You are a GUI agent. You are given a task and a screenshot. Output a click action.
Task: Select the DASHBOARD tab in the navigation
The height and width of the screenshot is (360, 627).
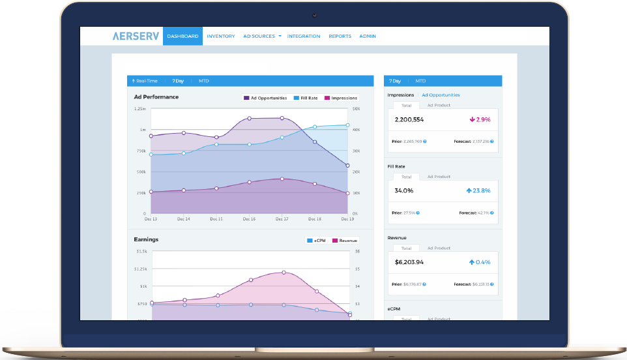pyautogui.click(x=182, y=37)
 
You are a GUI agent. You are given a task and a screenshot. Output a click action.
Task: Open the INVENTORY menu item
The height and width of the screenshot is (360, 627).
pyautogui.click(x=220, y=37)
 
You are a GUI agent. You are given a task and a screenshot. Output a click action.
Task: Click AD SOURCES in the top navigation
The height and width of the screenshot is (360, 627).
pyautogui.click(x=261, y=37)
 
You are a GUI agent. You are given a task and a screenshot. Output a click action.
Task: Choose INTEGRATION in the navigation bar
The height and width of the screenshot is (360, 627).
pyautogui.click(x=304, y=37)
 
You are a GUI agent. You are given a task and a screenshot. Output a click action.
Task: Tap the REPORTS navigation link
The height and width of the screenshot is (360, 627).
pyautogui.click(x=340, y=37)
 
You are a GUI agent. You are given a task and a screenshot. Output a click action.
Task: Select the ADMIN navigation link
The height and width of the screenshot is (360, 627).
pyautogui.click(x=368, y=37)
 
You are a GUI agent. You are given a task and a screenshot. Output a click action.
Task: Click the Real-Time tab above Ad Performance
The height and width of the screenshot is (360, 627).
pyautogui.click(x=144, y=81)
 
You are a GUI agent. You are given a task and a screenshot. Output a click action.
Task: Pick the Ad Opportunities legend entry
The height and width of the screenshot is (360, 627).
pyautogui.click(x=265, y=98)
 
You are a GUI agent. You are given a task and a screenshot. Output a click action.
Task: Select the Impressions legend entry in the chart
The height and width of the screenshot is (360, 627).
pyautogui.click(x=341, y=98)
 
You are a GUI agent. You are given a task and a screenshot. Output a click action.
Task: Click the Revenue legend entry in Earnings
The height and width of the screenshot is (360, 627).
pyautogui.click(x=345, y=240)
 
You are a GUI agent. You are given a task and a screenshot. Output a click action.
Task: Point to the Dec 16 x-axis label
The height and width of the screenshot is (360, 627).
pyautogui.click(x=249, y=219)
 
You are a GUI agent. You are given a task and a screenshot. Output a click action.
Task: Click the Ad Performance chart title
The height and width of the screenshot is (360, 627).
pyautogui.click(x=156, y=97)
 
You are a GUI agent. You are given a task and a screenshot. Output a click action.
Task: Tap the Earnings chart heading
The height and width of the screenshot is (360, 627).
pyautogui.click(x=146, y=239)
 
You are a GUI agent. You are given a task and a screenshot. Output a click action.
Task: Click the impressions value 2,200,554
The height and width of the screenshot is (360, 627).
pyautogui.click(x=409, y=119)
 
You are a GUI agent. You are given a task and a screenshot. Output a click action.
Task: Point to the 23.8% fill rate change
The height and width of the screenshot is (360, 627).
pyautogui.click(x=478, y=190)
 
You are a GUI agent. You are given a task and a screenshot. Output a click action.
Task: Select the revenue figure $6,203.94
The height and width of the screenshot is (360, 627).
pyautogui.click(x=409, y=262)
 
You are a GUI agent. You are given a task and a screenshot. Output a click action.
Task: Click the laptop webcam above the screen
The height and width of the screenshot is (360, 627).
pyautogui.click(x=314, y=14)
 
